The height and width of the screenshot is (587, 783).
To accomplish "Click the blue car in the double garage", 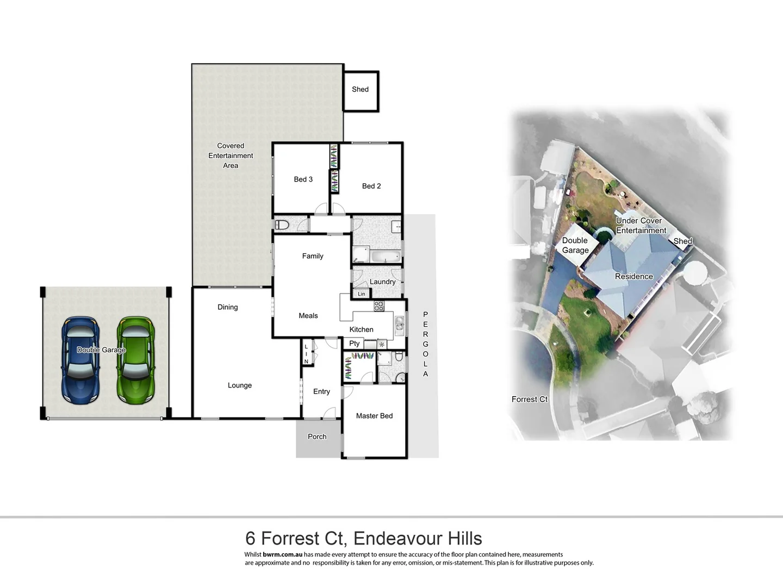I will [80, 360].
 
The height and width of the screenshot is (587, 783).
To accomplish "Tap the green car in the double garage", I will [135, 360].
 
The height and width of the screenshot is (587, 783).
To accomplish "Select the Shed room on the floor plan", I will [360, 90].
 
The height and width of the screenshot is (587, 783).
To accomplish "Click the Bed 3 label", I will [303, 179].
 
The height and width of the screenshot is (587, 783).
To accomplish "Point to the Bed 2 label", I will [371, 186].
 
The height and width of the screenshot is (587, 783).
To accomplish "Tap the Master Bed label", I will [374, 416].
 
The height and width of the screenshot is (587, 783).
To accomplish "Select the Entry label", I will [321, 391].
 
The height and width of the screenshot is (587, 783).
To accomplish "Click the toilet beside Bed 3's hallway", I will [282, 224].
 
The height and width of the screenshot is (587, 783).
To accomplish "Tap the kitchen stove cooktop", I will [379, 306].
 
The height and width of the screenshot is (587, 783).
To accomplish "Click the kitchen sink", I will [399, 324].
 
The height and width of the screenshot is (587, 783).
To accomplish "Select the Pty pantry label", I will [355, 344].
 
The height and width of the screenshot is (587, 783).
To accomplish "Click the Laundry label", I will [382, 282].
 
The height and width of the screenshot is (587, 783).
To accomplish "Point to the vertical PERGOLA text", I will [425, 344].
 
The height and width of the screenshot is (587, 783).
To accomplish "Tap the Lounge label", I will [240, 385].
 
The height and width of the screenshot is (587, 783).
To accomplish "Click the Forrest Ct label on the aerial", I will [529, 399].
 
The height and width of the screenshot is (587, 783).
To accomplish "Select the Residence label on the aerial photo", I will [633, 277].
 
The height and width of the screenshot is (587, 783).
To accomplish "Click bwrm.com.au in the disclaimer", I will [282, 555].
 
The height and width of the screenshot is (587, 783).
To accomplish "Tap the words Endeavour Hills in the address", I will [418, 538].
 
